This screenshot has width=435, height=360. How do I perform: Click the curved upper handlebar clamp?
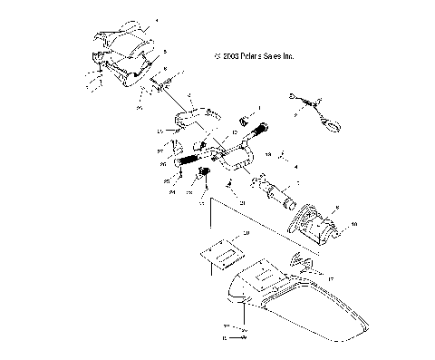191,115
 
